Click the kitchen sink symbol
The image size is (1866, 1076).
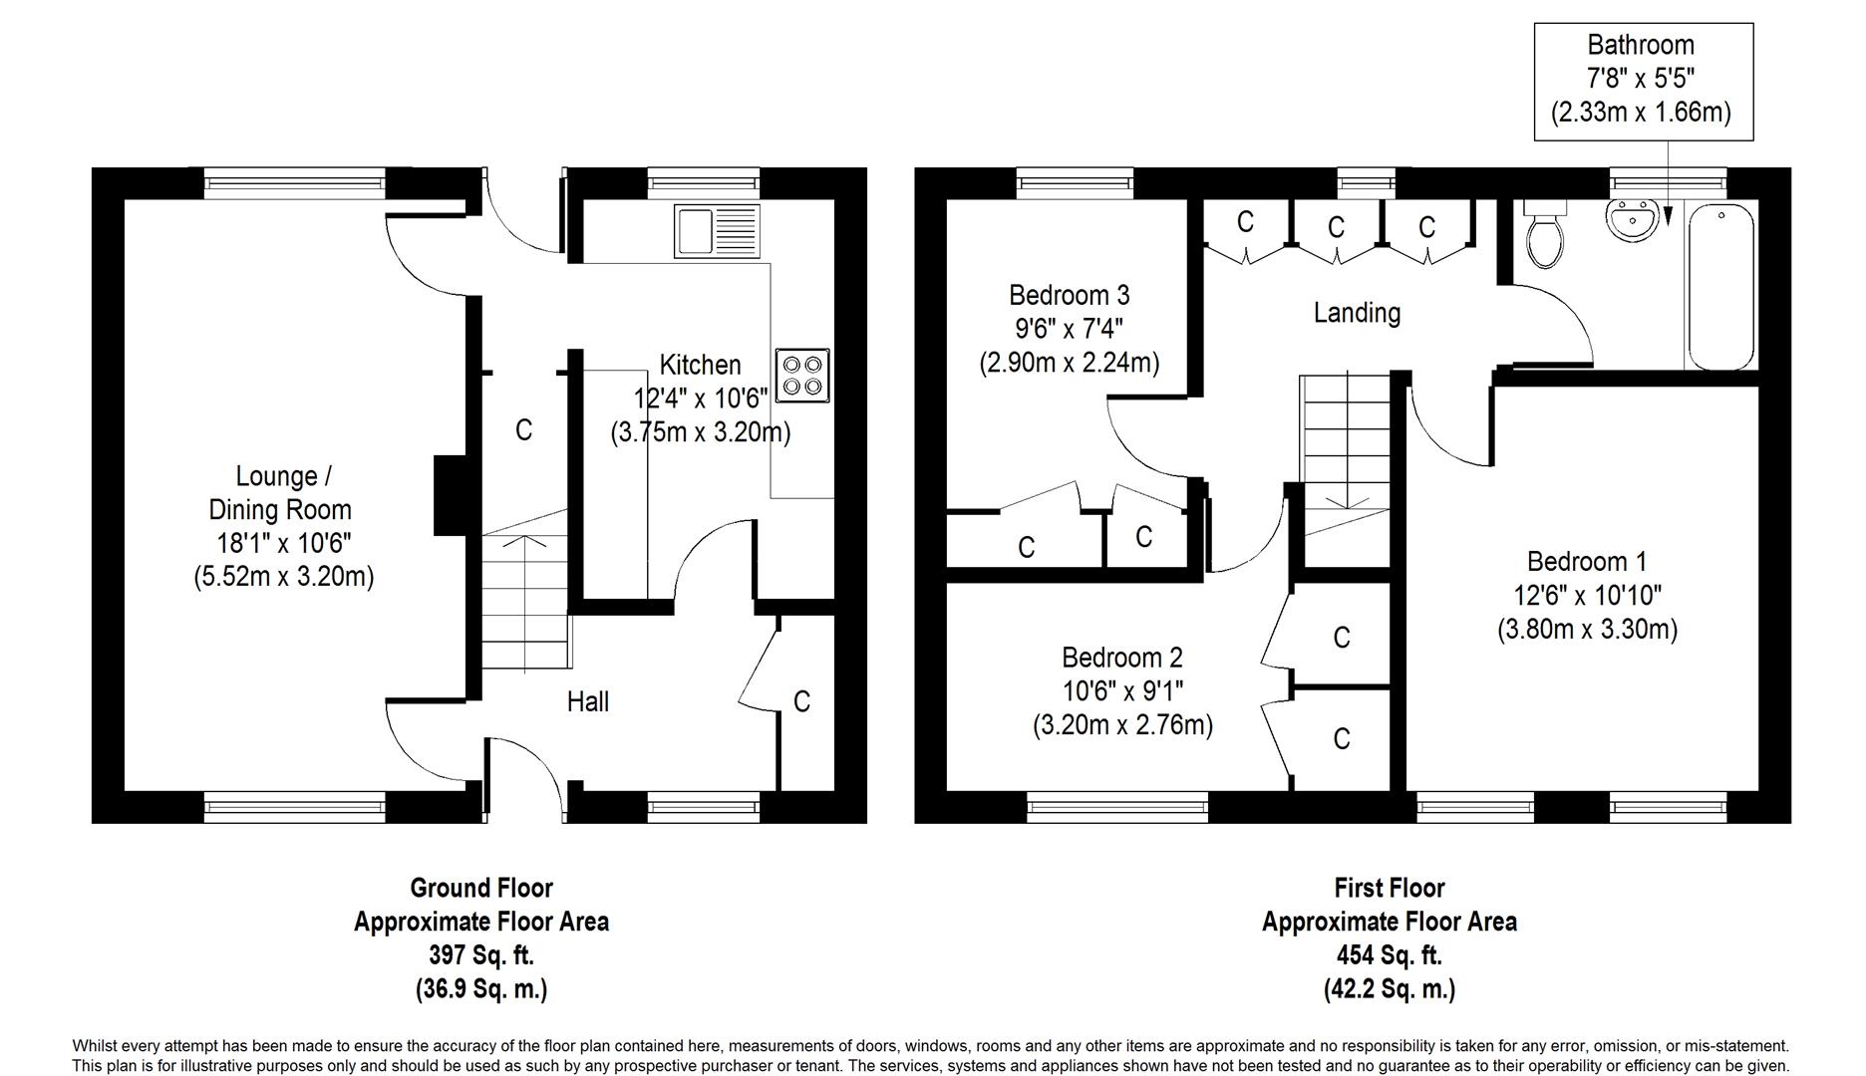[717, 229]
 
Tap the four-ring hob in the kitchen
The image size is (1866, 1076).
[803, 375]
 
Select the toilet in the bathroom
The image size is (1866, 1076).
[1545, 233]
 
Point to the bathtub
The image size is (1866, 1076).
[1720, 287]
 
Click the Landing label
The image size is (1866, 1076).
[1357, 313]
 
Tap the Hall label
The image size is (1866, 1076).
[588, 701]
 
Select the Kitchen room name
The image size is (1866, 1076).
[700, 365]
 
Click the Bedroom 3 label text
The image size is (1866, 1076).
[1069, 295]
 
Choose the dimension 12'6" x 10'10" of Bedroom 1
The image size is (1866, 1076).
[1588, 595]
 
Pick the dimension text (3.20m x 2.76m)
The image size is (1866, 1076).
[1122, 724]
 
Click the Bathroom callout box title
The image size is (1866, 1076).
[1641, 45]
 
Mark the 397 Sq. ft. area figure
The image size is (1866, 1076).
[481, 955]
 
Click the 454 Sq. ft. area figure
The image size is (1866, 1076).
[1390, 955]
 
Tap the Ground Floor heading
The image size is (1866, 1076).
[481, 888]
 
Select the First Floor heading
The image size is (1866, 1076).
[1390, 888]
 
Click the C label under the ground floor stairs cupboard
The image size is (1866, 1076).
[523, 429]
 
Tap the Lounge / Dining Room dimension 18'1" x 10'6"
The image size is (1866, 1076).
[284, 543]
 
